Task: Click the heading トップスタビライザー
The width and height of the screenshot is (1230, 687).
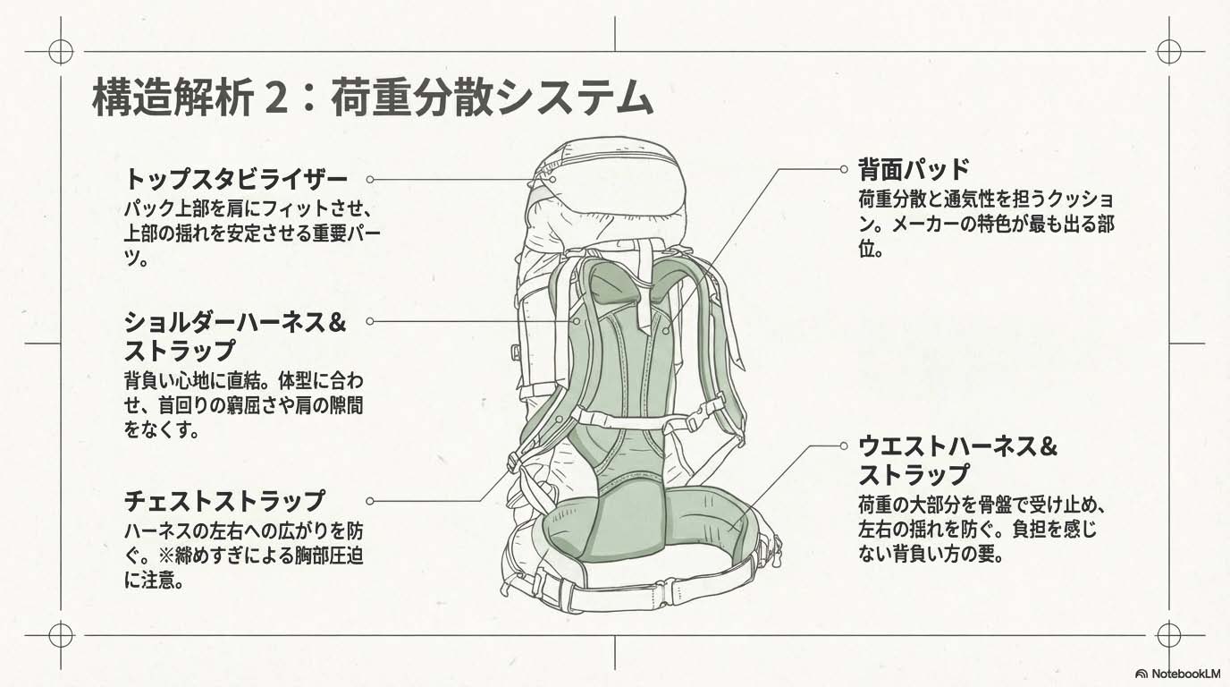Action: point(235,178)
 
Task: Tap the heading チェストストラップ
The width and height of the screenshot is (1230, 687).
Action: point(223,500)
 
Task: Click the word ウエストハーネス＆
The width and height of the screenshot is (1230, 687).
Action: point(958,445)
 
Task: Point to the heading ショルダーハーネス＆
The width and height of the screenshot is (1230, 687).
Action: point(234,321)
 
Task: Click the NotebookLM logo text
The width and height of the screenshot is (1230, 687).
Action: point(1184,673)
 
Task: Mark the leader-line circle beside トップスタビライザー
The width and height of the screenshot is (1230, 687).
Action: point(370,179)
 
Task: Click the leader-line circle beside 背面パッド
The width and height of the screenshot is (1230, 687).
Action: point(843,168)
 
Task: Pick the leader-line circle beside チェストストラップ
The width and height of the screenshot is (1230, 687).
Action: point(370,501)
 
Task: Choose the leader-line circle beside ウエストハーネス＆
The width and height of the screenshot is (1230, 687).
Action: point(843,445)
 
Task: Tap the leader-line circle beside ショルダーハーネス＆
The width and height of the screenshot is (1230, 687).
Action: point(370,320)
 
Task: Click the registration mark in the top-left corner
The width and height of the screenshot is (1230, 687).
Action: point(61,52)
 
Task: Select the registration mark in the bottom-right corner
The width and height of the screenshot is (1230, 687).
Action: point(1168,635)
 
